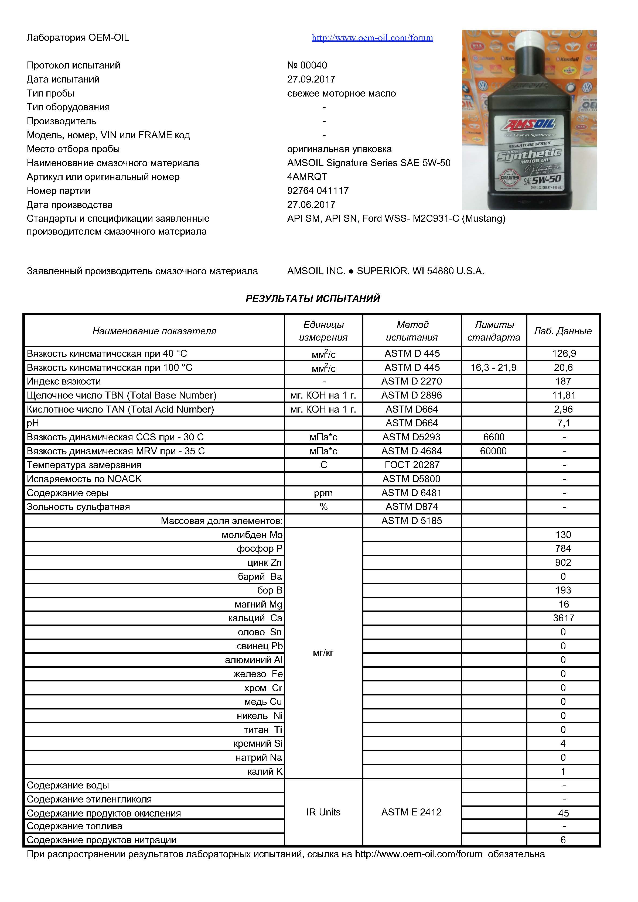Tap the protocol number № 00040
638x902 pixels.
[x=307, y=65]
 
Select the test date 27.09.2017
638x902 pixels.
[x=311, y=79]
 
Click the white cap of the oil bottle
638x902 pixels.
[x=529, y=39]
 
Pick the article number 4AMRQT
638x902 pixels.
[x=307, y=177]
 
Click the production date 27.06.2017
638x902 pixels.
[x=311, y=205]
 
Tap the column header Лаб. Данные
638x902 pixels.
[x=562, y=331]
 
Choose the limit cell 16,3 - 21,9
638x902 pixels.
[x=493, y=368]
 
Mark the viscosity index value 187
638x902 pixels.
[x=563, y=382]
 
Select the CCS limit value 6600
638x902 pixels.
[x=493, y=437]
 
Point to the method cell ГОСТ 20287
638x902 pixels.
[x=412, y=465]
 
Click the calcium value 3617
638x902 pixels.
[x=563, y=618]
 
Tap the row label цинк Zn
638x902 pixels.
[x=265, y=563]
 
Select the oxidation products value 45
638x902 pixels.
[x=563, y=813]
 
